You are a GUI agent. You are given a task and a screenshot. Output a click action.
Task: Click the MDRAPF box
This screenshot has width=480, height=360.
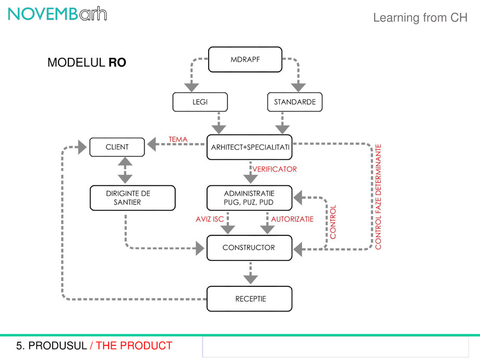tap(245, 59)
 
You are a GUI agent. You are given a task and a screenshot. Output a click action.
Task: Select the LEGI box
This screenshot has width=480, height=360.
tap(200, 102)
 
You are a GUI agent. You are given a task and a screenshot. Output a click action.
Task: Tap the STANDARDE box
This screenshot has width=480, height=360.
tap(295, 102)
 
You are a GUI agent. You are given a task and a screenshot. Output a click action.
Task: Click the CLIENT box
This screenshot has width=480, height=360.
tap(117, 147)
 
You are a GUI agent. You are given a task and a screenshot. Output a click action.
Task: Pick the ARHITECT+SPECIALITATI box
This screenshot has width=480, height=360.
tap(249, 147)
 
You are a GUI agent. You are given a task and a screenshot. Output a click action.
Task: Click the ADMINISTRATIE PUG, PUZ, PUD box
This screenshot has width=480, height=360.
tap(249, 198)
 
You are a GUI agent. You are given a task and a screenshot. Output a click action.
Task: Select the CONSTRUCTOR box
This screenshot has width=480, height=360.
tap(249, 248)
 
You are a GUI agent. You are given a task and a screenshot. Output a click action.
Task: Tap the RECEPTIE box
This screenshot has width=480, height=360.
tap(250, 299)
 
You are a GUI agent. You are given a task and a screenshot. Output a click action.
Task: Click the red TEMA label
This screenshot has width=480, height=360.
tap(178, 139)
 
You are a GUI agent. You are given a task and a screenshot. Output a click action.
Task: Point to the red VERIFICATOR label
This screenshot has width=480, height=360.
tap(274, 169)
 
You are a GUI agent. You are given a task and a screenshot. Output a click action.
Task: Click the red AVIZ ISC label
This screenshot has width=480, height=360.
tap(210, 219)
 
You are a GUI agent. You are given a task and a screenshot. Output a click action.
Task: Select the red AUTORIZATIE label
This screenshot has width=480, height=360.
tap(292, 219)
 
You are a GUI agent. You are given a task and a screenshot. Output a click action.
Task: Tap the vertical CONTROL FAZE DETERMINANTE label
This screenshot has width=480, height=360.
tap(379, 197)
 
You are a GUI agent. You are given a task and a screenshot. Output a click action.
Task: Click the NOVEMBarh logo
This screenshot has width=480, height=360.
tap(57, 15)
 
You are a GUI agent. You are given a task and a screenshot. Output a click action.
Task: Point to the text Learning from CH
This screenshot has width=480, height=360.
tap(420, 18)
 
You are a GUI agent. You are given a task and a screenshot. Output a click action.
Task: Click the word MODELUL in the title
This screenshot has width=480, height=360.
tap(76, 63)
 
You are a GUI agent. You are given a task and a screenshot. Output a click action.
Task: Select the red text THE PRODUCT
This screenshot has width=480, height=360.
tap(134, 345)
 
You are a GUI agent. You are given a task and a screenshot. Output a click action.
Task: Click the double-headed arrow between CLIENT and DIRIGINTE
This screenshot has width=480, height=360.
tap(125, 171)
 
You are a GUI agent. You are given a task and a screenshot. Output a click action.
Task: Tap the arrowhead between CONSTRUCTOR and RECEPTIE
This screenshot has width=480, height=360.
tap(250, 279)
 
